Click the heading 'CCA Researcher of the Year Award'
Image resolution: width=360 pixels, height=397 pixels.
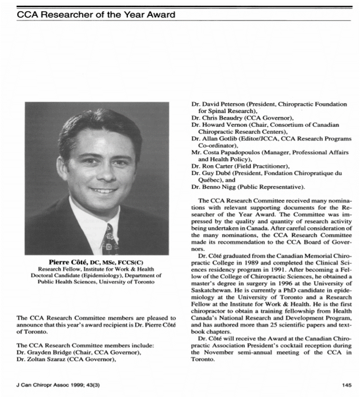[96, 15]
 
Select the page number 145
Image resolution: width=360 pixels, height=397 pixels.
[346, 385]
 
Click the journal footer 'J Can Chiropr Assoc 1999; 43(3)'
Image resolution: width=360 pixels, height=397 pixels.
[58, 385]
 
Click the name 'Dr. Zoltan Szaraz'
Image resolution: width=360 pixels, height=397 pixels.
[40, 359]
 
